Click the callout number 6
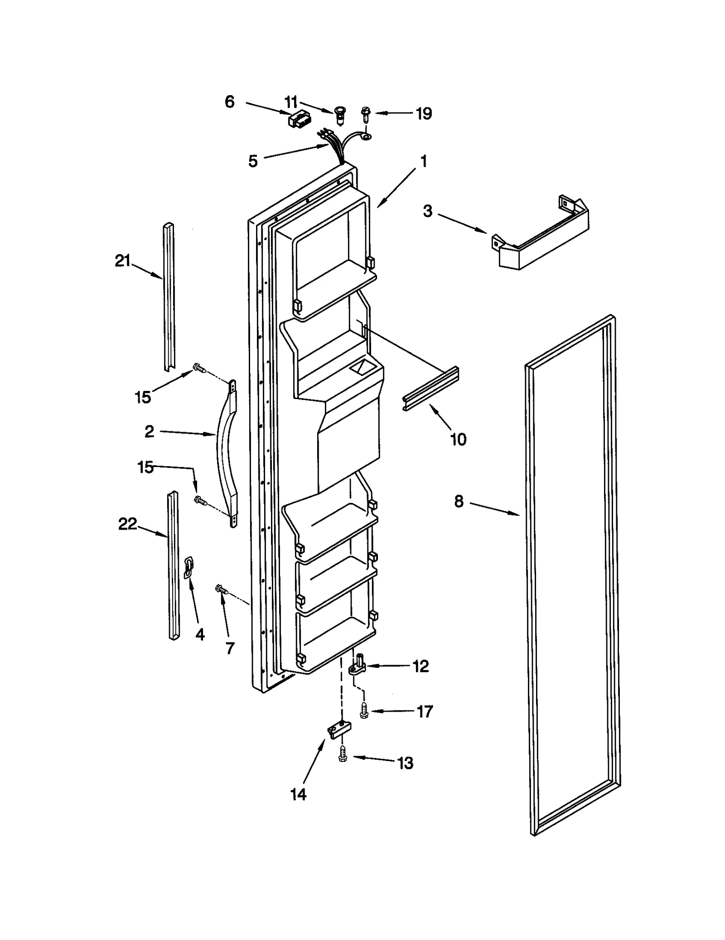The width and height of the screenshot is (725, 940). [x=230, y=102]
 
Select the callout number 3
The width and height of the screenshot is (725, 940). [x=428, y=211]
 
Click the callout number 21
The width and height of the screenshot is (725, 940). [x=122, y=261]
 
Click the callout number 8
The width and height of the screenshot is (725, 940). [x=459, y=501]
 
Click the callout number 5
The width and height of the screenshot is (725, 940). [x=253, y=161]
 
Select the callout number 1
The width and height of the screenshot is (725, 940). [x=424, y=161]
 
